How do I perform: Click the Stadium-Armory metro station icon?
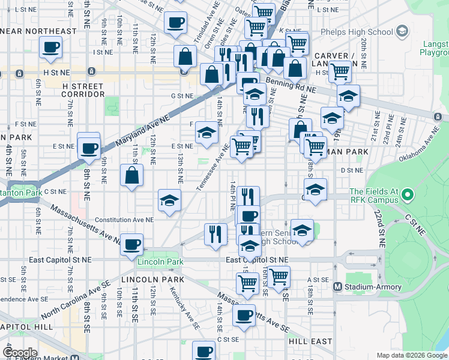click(x=338, y=287)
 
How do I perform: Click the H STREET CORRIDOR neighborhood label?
click(x=83, y=90)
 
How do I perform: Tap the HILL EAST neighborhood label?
click(x=309, y=341)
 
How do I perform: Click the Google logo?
click(x=20, y=352)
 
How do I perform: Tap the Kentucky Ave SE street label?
click(x=185, y=310)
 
